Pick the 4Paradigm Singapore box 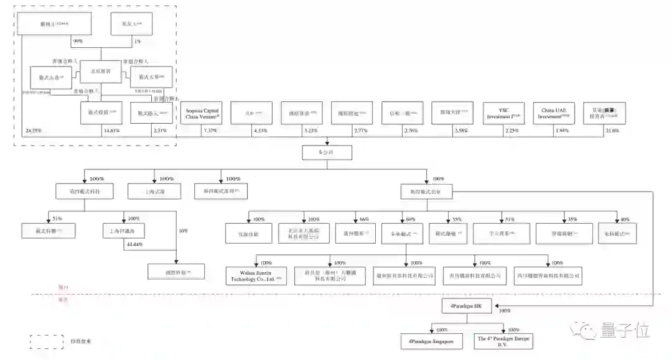tap(431, 341)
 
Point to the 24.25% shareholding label tap(34, 131)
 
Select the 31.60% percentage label tap(612, 131)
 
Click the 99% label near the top tap(78, 41)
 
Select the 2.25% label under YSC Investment tap(511, 131)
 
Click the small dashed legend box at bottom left tap(47, 341)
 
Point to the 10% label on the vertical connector tap(182, 231)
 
